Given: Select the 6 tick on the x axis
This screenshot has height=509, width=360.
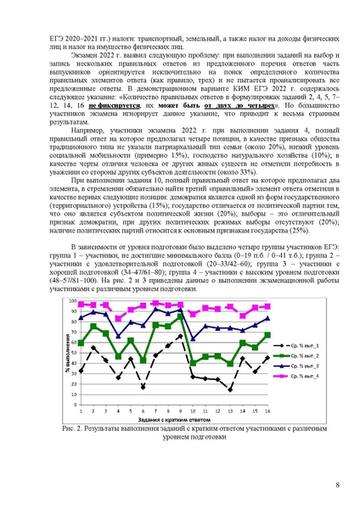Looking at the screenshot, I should pos(143,410).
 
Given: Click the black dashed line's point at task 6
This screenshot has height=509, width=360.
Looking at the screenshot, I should pos(143,387).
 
